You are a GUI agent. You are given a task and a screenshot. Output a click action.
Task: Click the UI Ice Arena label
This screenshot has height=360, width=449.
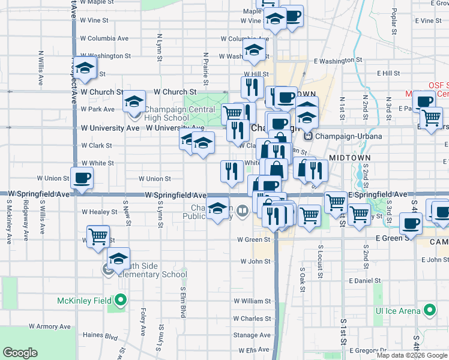(x=397, y=311)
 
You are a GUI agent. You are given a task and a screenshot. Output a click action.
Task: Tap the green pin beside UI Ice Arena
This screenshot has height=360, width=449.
(x=429, y=310)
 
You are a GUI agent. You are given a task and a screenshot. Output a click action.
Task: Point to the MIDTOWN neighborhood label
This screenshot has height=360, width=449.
(x=351, y=157)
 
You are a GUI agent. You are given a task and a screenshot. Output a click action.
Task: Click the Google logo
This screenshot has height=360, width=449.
(x=20, y=353)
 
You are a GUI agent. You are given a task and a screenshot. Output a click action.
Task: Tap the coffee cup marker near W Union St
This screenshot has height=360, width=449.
(x=82, y=178)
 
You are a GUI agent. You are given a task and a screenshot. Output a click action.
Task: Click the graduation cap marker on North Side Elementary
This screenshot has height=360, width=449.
(x=119, y=259)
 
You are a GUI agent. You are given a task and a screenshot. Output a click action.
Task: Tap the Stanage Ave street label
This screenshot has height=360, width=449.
(x=252, y=335)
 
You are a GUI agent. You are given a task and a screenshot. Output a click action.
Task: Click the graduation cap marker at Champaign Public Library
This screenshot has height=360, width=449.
(x=219, y=209)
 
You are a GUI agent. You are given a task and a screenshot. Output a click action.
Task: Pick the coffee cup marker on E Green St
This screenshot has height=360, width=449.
(x=411, y=223)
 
